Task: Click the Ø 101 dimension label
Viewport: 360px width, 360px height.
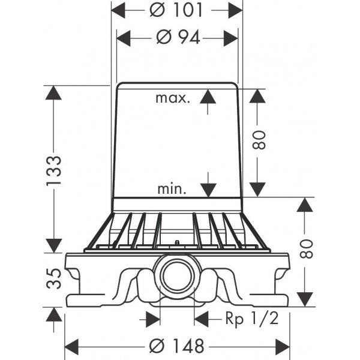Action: (176, 10)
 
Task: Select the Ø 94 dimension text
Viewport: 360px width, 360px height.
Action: (178, 37)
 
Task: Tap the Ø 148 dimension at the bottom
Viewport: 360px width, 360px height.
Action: (177, 346)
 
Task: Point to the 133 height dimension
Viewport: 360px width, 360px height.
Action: (54, 170)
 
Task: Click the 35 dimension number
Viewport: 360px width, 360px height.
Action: (54, 278)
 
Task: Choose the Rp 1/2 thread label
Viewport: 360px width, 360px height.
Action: (252, 319)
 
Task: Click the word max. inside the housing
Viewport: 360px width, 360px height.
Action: (173, 98)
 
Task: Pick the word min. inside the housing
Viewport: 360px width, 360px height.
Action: (172, 189)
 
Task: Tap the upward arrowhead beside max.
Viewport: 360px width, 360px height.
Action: (208, 97)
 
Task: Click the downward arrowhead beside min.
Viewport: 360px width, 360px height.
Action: (208, 190)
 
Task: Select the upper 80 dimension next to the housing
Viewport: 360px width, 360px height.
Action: (259, 140)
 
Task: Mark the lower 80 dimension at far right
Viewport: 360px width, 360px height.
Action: (306, 249)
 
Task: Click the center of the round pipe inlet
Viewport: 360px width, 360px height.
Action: (177, 276)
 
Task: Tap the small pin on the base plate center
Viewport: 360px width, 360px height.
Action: (177, 242)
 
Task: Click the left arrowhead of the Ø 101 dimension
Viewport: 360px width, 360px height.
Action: (118, 10)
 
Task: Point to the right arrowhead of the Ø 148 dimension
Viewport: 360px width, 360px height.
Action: (283, 346)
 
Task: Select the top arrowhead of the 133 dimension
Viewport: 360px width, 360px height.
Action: (53, 92)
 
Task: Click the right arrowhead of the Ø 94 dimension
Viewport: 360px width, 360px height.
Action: (231, 38)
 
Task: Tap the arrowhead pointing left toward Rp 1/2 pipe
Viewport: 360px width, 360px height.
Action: (202, 319)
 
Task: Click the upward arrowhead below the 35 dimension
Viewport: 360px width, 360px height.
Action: (54, 314)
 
